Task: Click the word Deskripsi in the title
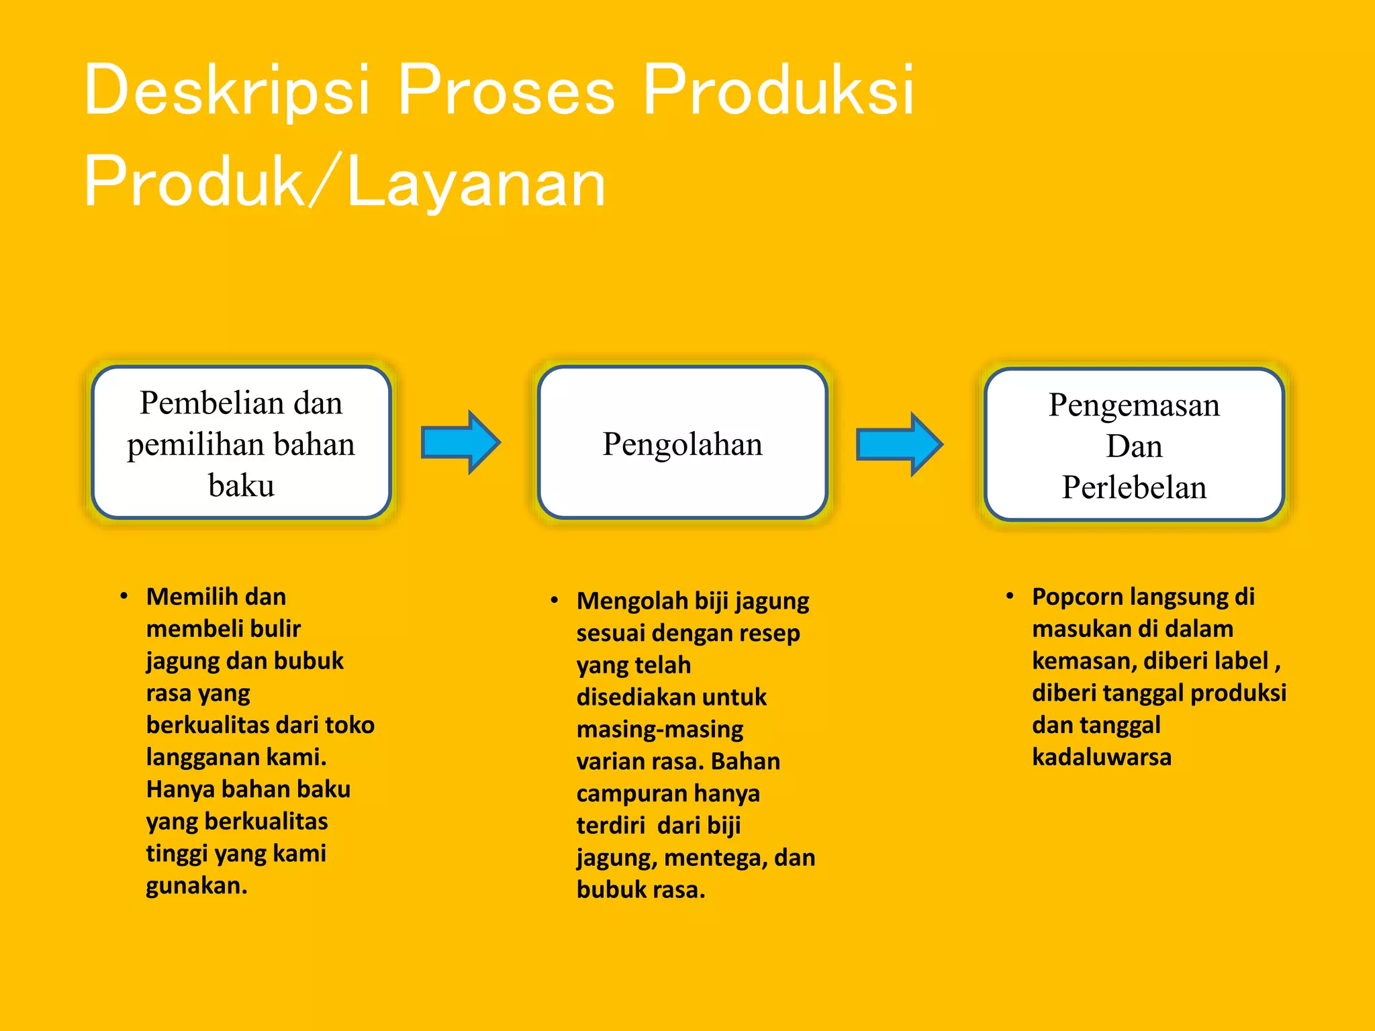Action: point(227,90)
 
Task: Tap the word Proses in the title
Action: point(506,90)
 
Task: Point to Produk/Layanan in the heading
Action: point(344,181)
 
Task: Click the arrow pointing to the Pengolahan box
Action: point(461,442)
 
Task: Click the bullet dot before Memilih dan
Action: point(124,596)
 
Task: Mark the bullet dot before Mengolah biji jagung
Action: point(555,600)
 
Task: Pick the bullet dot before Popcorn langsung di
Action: point(1010,596)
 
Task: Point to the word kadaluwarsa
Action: point(1102,757)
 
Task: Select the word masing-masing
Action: point(660,729)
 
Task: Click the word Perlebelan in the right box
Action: point(1134,487)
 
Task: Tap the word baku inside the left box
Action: point(241,485)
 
